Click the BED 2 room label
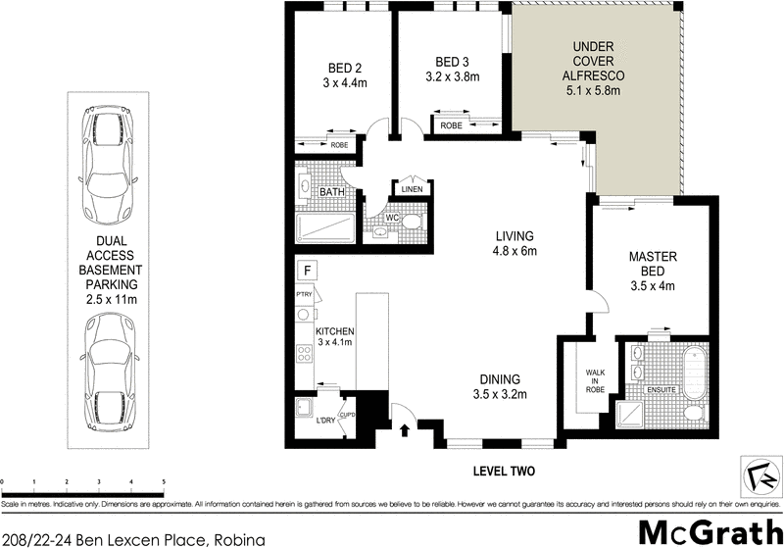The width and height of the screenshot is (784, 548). (x=345, y=75)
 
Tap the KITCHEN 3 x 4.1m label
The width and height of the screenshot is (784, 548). (x=334, y=338)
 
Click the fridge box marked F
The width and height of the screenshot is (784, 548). (x=307, y=270)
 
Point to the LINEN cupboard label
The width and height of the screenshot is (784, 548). (x=410, y=189)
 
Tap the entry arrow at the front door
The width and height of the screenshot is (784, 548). (x=406, y=429)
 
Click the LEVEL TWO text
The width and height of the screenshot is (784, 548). (x=504, y=472)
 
